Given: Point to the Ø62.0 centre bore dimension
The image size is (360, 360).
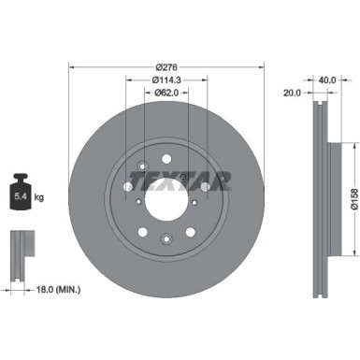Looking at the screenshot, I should point(166,94).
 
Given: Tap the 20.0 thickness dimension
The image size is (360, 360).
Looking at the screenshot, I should point(292,94).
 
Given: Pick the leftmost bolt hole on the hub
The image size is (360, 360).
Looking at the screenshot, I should point(128,185).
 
